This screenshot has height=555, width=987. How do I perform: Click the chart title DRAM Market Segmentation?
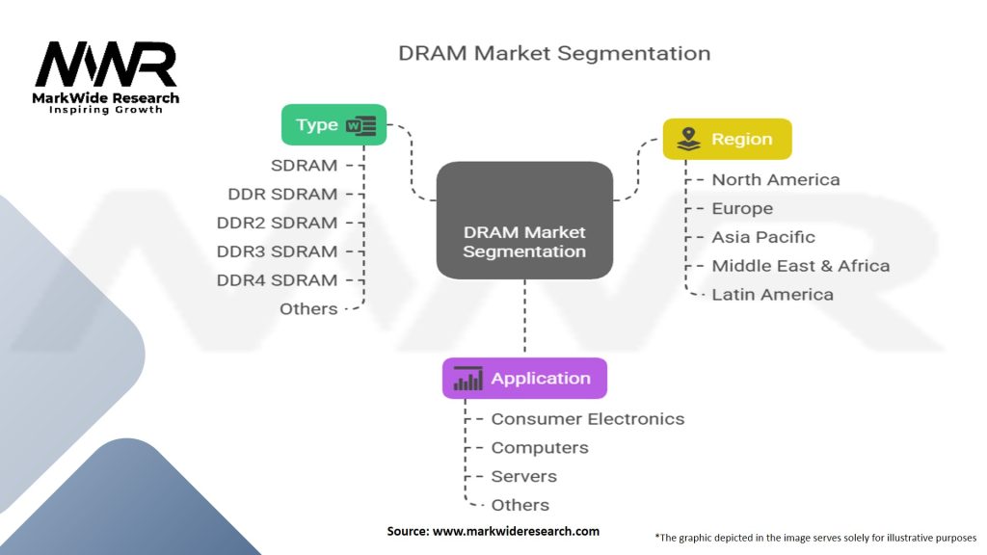click(554, 53)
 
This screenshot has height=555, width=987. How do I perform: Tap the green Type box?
click(333, 124)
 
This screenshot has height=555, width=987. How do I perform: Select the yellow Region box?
click(727, 139)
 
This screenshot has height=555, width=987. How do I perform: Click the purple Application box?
click(524, 378)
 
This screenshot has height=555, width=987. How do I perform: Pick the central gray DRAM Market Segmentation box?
click(524, 221)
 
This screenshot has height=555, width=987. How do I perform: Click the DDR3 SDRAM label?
click(277, 251)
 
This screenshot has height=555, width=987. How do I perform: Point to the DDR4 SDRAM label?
click(277, 280)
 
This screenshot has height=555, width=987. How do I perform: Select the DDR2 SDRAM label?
click(277, 223)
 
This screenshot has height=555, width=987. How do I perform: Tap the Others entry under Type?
click(308, 309)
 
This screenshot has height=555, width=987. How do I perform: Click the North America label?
click(775, 180)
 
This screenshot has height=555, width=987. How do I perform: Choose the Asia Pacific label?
click(762, 237)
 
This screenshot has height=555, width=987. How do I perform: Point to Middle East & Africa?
click(800, 266)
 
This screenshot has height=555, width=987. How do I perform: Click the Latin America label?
click(772, 295)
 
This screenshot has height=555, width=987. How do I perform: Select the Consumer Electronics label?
click(587, 419)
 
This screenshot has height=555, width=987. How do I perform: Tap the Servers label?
click(523, 476)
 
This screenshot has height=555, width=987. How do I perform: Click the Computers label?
click(539, 448)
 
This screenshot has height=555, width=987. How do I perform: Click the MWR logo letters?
click(106, 66)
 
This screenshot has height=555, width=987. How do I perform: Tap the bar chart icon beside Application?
click(468, 378)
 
